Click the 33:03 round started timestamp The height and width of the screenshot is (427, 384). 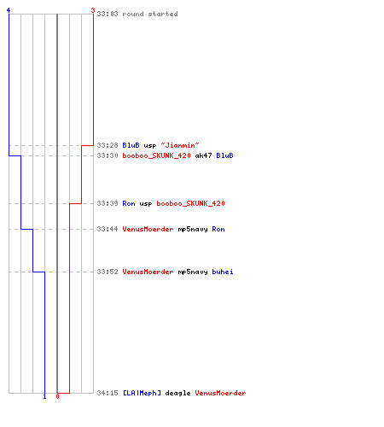[108, 14]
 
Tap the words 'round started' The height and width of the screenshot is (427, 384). [150, 14]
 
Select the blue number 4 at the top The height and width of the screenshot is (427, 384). [9, 10]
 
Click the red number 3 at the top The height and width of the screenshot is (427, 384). [93, 10]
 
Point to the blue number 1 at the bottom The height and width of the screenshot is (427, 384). [44, 396]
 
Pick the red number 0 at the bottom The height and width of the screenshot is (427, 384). [57, 396]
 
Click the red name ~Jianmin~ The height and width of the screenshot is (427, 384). [180, 145]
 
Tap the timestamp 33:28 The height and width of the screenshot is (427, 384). [108, 145]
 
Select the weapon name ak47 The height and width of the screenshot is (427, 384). [203, 155]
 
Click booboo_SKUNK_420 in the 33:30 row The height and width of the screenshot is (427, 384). [156, 155]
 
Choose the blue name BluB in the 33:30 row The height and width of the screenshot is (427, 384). [224, 155]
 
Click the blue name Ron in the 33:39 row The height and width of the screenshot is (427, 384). [129, 203]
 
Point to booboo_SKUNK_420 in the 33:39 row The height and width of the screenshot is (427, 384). [190, 203]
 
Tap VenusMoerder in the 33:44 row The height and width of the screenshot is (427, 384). [148, 229]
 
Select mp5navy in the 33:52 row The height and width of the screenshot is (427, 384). [193, 272]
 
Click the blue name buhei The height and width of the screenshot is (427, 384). [223, 272]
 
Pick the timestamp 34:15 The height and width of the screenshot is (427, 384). [108, 393]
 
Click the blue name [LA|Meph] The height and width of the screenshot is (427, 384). [142, 393]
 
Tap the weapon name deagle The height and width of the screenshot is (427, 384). [177, 393]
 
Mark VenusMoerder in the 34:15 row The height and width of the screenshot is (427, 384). [220, 393]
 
